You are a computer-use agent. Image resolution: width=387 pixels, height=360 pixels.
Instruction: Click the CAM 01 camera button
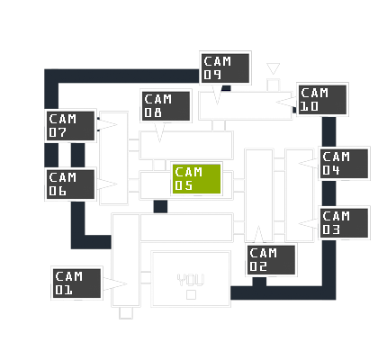[76, 283]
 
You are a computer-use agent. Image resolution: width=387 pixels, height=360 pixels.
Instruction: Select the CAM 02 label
[271, 260]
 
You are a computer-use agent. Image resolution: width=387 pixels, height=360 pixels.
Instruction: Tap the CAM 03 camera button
[344, 223]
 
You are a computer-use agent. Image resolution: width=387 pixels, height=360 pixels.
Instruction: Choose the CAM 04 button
[344, 164]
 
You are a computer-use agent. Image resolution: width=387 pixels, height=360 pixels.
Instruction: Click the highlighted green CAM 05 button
[197, 179]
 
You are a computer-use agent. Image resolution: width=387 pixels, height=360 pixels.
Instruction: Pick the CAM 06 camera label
[70, 184]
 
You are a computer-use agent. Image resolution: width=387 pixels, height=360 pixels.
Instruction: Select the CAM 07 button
[70, 126]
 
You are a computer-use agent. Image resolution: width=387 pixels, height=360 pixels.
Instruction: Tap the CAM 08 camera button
[166, 105]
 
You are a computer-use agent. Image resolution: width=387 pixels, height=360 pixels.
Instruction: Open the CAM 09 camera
[225, 68]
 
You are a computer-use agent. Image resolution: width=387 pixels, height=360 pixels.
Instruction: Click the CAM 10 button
[322, 100]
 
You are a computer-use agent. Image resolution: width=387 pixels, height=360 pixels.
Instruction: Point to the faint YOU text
[191, 280]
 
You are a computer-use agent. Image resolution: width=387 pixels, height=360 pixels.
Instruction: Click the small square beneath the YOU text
[191, 295]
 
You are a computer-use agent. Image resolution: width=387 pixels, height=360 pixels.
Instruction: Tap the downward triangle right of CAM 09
[273, 68]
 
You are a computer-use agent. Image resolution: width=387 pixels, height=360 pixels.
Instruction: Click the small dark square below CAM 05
[160, 206]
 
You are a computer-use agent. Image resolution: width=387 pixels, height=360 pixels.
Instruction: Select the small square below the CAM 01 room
[126, 313]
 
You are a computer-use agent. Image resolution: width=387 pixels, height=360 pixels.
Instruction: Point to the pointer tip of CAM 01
[127, 283]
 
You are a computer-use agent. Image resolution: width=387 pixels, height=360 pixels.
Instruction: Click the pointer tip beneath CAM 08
[159, 141]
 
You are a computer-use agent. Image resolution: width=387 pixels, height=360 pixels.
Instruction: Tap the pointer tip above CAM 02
[258, 226]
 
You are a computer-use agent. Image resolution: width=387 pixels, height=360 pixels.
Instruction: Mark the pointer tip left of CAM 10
[276, 102]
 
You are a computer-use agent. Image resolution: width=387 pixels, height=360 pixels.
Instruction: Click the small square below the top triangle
[273, 85]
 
